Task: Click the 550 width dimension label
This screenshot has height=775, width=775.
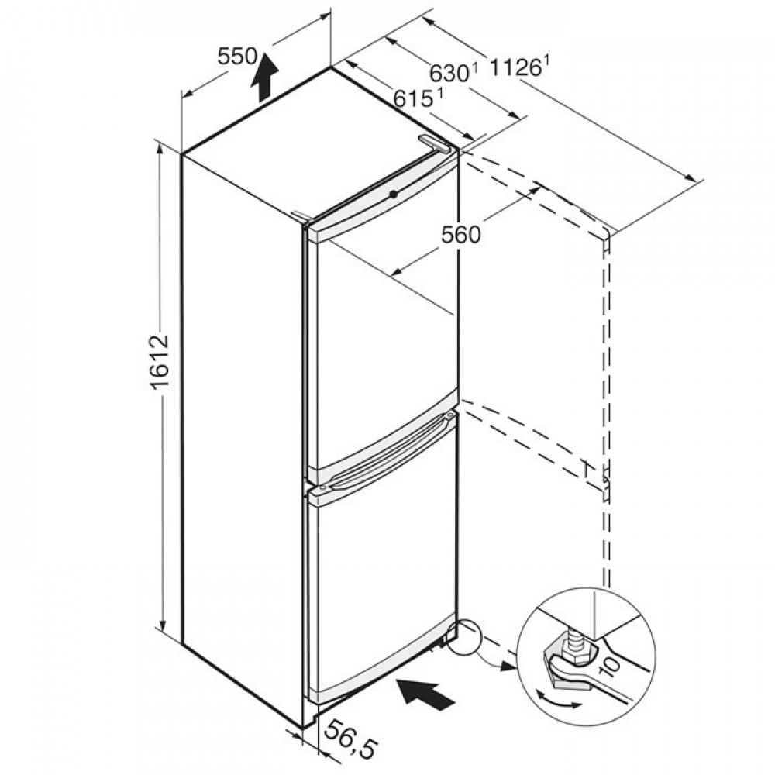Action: [237, 57]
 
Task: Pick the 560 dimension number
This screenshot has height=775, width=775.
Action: [460, 234]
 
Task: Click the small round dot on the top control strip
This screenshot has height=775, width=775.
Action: [394, 195]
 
